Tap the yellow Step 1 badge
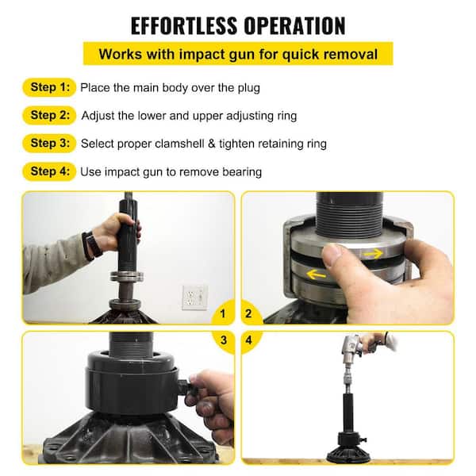49,86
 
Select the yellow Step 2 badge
49,115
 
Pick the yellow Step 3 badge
49,144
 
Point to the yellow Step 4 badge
49,171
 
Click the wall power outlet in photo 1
194,297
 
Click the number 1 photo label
223,314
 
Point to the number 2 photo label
253,314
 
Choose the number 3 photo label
223,340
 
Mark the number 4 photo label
253,340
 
